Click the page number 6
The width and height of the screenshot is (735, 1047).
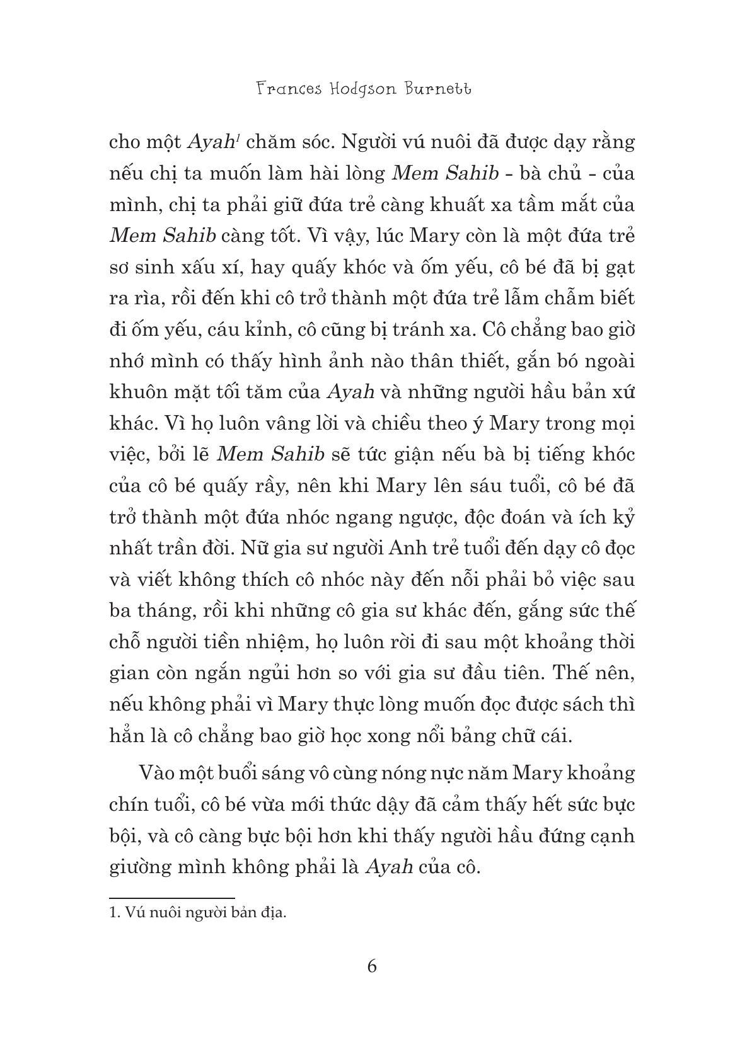coord(372,966)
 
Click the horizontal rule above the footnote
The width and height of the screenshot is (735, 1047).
coord(171,898)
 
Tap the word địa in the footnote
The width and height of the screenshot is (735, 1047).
coord(275,912)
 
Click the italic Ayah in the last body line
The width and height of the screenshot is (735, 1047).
coord(390,867)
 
